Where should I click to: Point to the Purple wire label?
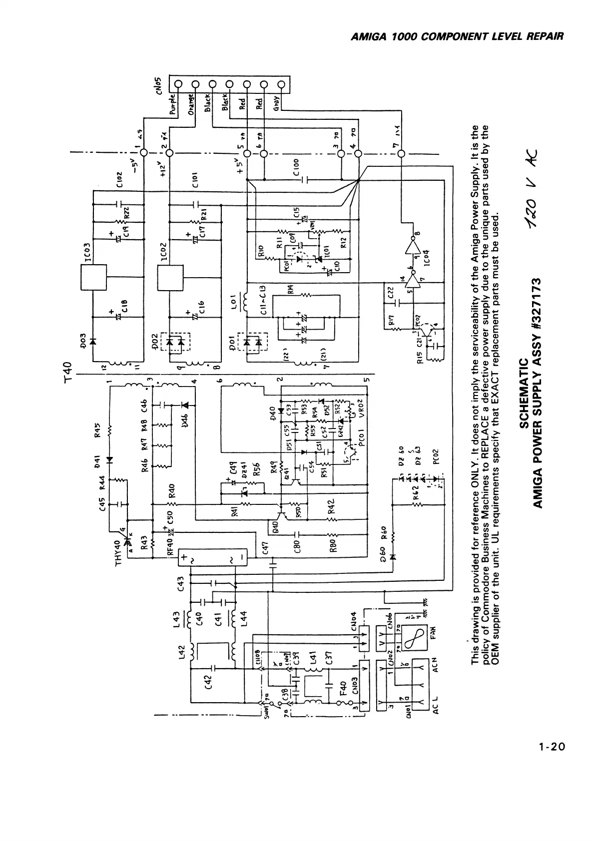pos(173,104)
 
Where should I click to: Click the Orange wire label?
pos(190,104)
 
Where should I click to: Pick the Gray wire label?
pos(276,103)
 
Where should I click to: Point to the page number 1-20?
pos(552,761)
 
